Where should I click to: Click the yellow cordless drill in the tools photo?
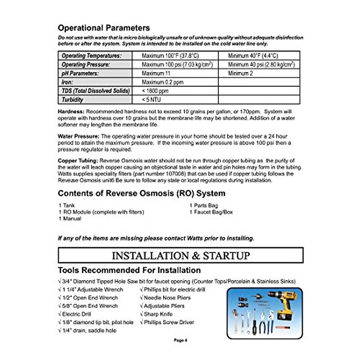pos(283,303)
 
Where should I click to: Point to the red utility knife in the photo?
pos(282,327)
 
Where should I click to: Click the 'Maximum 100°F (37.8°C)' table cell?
pos(170,56)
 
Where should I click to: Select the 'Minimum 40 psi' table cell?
pos(261,64)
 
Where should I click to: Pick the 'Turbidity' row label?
pos(72,100)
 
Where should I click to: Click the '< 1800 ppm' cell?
pos(155,91)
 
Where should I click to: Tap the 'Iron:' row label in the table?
pos(67,82)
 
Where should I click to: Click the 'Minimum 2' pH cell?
pos(240,73)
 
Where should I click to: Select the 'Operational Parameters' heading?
pos(104,28)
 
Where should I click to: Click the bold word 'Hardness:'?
pos(71,112)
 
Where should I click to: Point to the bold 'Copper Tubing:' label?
pos(78,161)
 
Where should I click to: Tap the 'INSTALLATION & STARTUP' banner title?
pos(181,256)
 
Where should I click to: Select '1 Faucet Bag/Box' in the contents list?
pos(211,212)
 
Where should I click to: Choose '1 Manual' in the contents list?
pos(70,219)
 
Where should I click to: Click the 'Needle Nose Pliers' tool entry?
pos(165,298)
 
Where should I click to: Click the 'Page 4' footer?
pos(180,340)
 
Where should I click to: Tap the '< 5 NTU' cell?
pos(151,100)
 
